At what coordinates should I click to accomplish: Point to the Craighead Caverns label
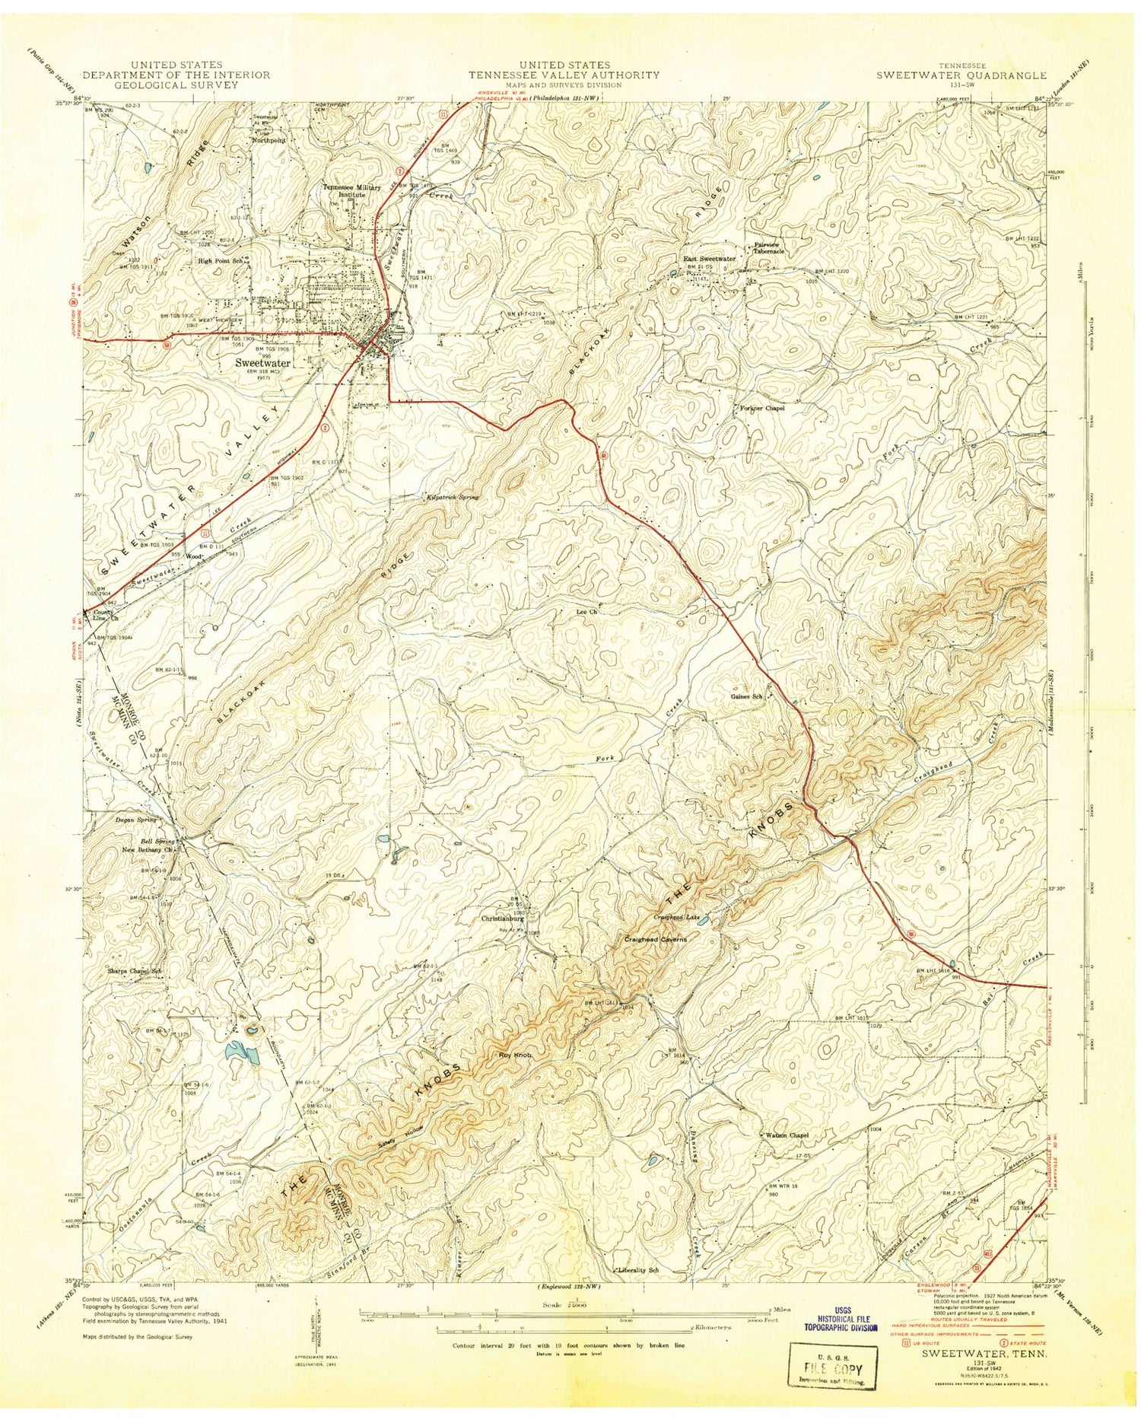(655, 940)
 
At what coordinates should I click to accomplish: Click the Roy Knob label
(514, 1055)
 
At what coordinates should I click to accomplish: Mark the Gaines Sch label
(746, 696)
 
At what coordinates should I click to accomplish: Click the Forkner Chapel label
(762, 408)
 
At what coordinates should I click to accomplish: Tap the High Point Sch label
(220, 260)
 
